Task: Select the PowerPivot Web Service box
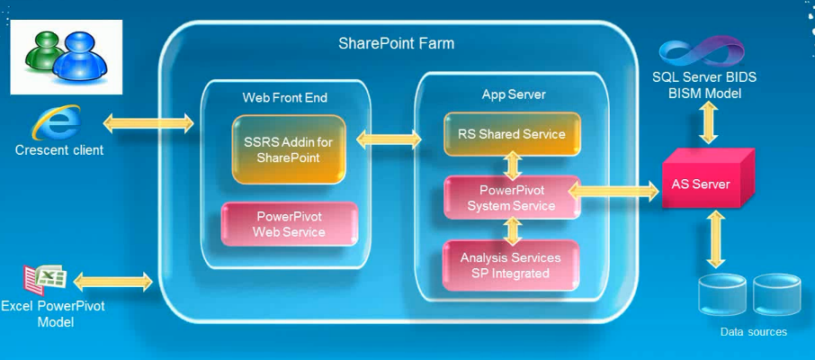pyautogui.click(x=290, y=223)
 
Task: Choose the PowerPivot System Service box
pyautogui.click(x=510, y=197)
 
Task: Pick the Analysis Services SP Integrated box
pyautogui.click(x=510, y=265)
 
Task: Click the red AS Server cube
pyautogui.click(x=706, y=181)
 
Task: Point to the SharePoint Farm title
pyautogui.click(x=396, y=42)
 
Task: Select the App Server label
pyautogui.click(x=514, y=94)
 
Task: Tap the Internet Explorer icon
pyautogui.click(x=56, y=122)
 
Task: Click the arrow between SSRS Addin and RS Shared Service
pyautogui.click(x=390, y=139)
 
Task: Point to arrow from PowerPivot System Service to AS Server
pyautogui.click(x=612, y=190)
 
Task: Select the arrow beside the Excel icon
pyautogui.click(x=112, y=283)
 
